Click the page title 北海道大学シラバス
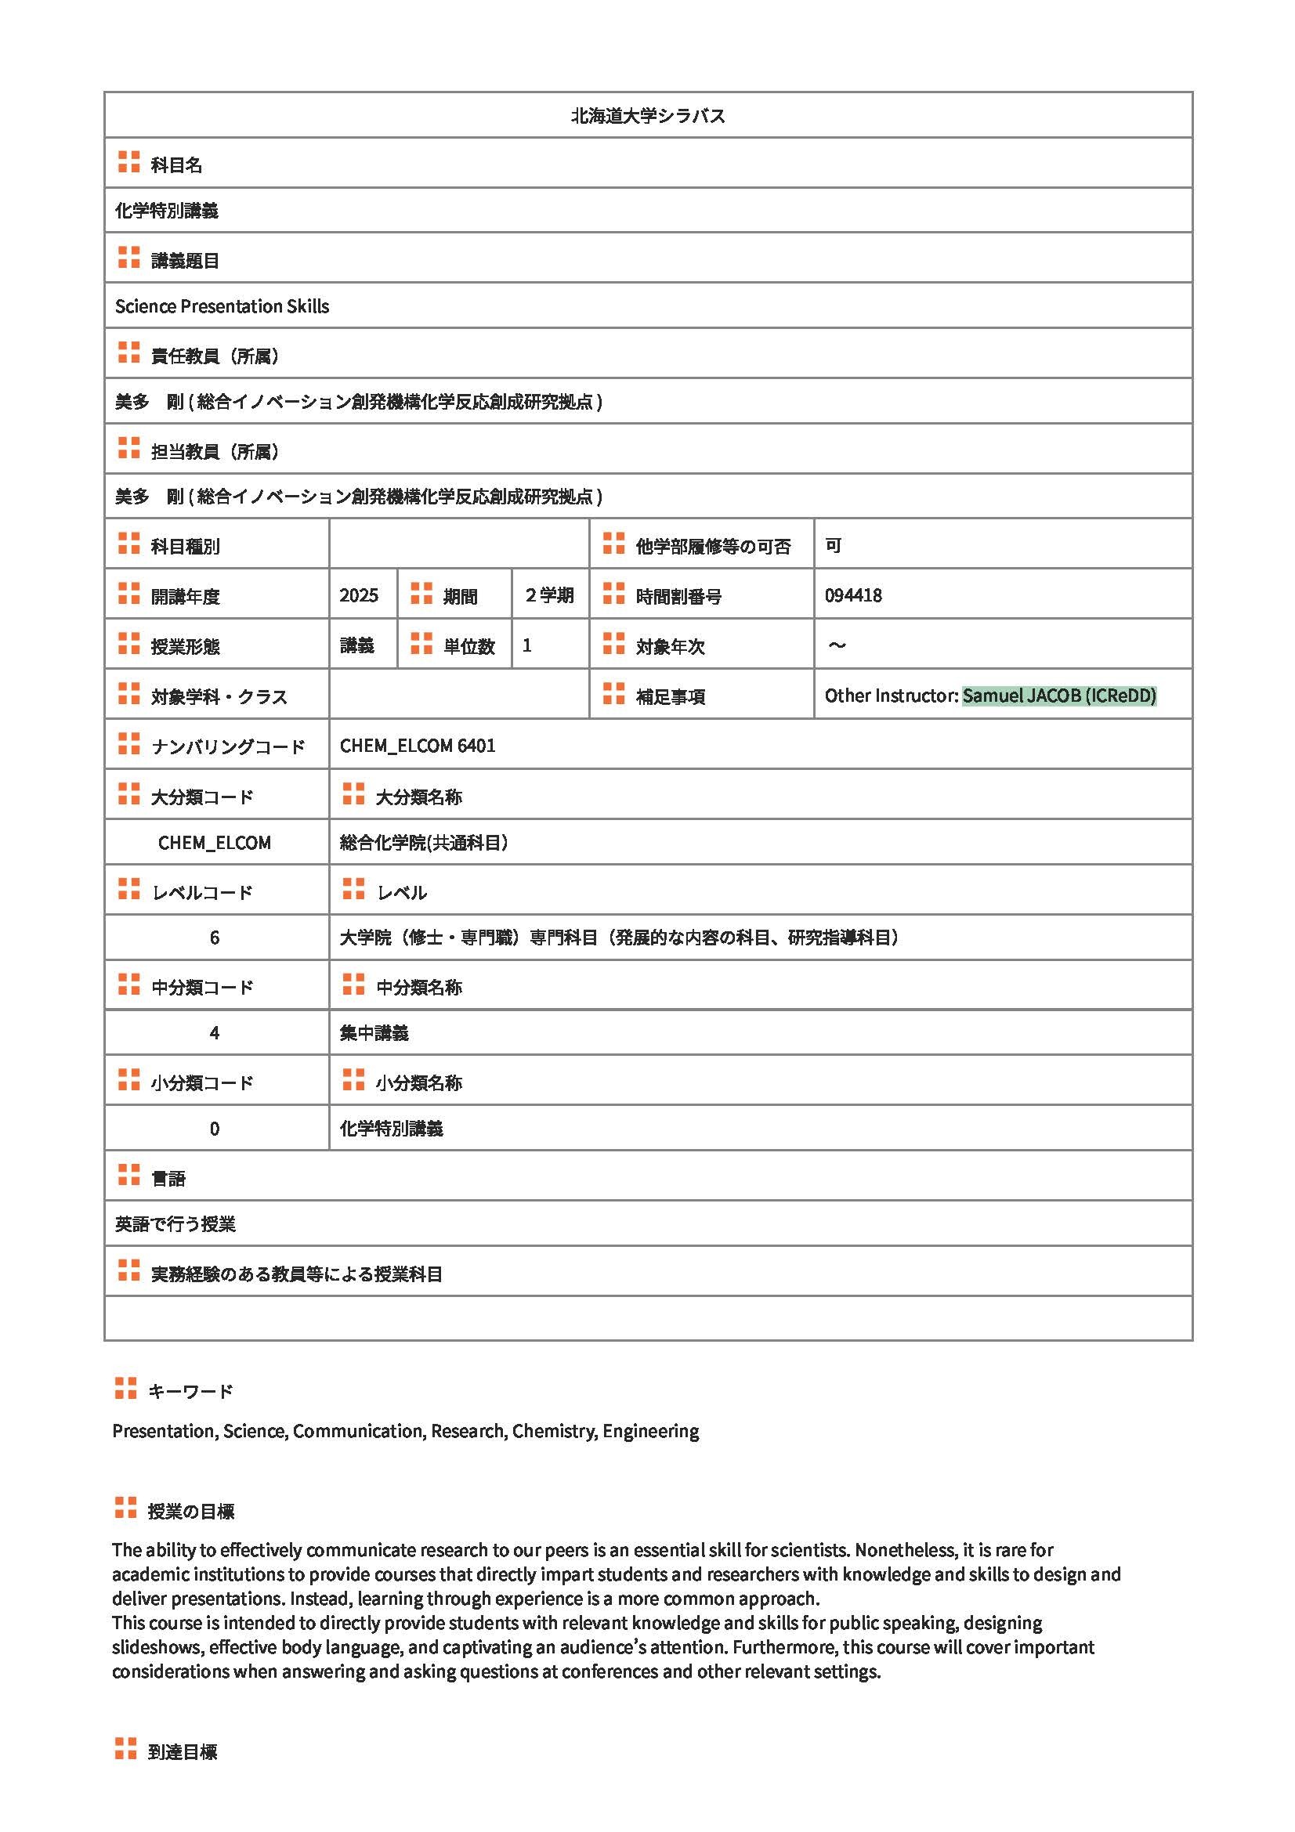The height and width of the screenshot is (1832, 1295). pos(647,117)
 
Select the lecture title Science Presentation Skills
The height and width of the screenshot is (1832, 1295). pos(222,306)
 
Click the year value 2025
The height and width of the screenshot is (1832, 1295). pos(358,595)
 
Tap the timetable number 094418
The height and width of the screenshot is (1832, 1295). pos(853,595)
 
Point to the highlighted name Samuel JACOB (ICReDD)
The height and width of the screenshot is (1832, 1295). pos(1059,696)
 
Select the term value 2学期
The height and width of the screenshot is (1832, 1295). pos(550,595)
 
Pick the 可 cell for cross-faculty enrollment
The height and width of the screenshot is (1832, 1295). pos(833,546)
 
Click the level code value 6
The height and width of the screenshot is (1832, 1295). pos(215,938)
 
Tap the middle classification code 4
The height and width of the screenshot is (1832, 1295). pos(215,1033)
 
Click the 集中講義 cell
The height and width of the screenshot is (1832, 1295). pos(374,1033)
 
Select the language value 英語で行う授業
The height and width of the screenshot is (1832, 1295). pos(175,1224)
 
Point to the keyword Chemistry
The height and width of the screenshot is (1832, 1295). pos(554,1431)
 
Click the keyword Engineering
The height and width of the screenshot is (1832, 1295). pos(650,1431)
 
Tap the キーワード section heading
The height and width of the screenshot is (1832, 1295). pos(190,1392)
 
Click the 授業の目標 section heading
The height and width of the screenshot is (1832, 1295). pos(190,1511)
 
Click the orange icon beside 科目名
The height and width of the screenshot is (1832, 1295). pos(128,162)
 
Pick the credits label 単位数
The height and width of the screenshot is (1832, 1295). pos(469,646)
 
